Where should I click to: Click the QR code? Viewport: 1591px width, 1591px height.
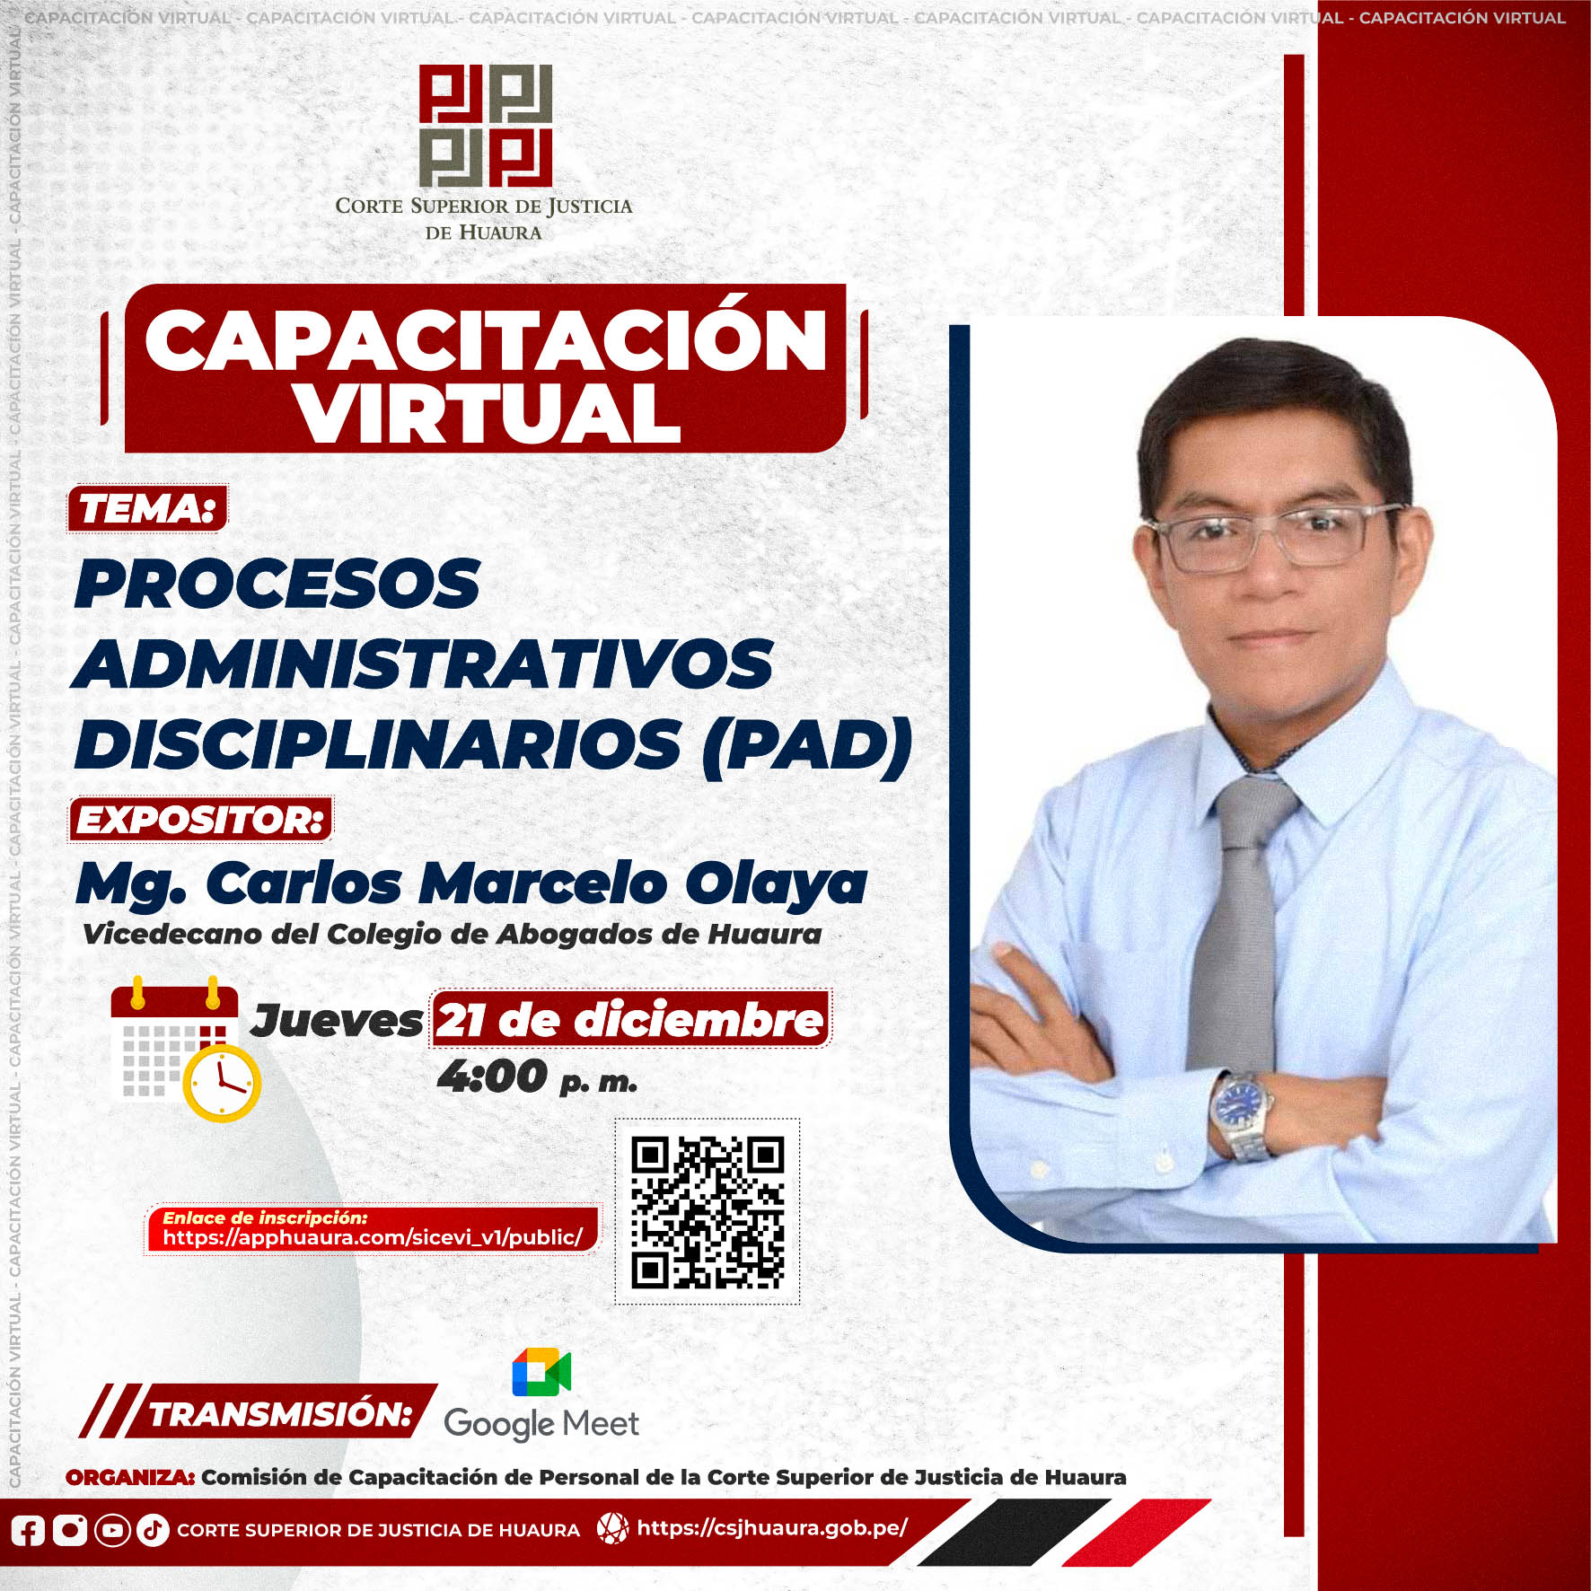pos(708,1212)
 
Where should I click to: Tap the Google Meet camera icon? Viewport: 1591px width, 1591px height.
pos(541,1372)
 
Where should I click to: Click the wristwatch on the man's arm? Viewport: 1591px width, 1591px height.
pos(1241,1114)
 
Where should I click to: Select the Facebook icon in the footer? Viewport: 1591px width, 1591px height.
pos(28,1530)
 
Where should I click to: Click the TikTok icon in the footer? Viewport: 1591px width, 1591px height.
pos(153,1530)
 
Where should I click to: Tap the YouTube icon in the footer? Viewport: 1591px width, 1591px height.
pos(112,1530)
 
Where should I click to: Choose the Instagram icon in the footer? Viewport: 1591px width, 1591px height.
pos(70,1530)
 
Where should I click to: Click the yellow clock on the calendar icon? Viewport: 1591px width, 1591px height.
pos(222,1083)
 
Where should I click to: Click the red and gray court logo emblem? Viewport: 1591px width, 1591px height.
pos(485,126)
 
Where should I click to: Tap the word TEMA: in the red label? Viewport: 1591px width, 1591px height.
pos(147,509)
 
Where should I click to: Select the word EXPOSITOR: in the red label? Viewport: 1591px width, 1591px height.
pos(200,820)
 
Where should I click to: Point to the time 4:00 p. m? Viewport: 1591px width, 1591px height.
pos(537,1077)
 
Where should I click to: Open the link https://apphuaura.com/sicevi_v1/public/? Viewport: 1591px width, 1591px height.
pos(373,1237)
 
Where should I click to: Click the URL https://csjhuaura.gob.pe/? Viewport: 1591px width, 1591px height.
pos(772,1528)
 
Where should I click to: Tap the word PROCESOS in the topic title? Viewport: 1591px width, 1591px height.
pos(277,584)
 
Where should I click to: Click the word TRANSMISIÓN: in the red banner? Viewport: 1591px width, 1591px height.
pos(280,1414)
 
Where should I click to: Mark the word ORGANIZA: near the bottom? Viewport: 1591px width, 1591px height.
pos(130,1478)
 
